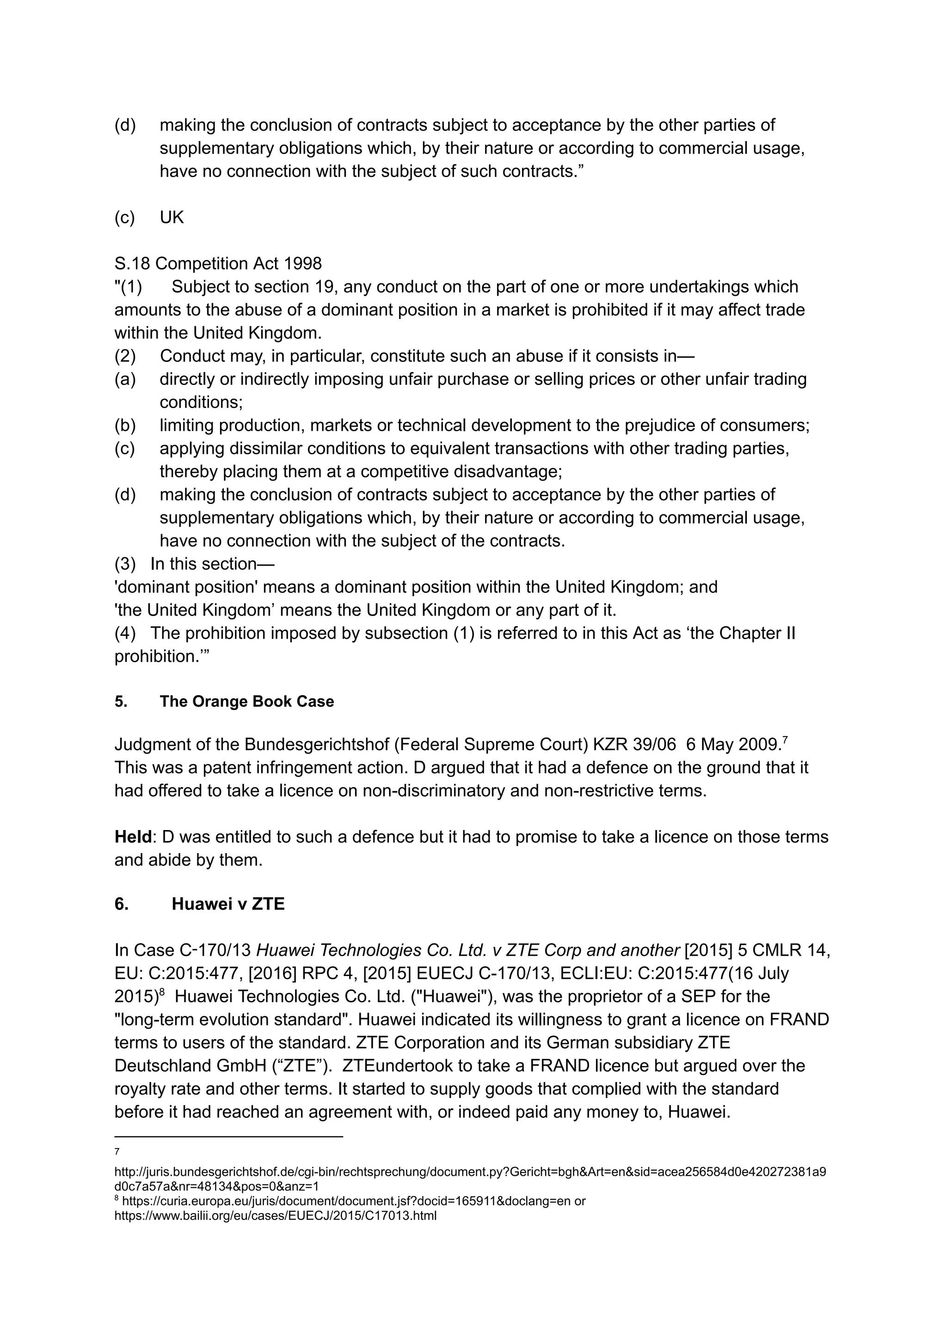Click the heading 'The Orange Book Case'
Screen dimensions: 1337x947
pyautogui.click(x=246, y=701)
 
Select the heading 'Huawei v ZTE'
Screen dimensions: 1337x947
pyautogui.click(x=228, y=904)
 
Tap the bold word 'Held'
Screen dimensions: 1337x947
pyautogui.click(x=133, y=837)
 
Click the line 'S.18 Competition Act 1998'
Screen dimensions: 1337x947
pyautogui.click(x=218, y=263)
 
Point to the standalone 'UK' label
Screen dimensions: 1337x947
pyautogui.click(x=172, y=217)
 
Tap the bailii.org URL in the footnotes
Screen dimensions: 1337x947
pyautogui.click(x=275, y=1216)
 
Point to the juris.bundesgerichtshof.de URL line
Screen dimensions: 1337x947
pyautogui.click(x=469, y=1172)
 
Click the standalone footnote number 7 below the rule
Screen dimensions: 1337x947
pyautogui.click(x=117, y=1152)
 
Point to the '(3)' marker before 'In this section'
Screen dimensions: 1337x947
pyautogui.click(x=125, y=563)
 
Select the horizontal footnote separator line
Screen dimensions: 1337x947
pyautogui.click(x=228, y=1136)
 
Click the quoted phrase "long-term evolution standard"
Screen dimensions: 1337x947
pyautogui.click(x=233, y=1020)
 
